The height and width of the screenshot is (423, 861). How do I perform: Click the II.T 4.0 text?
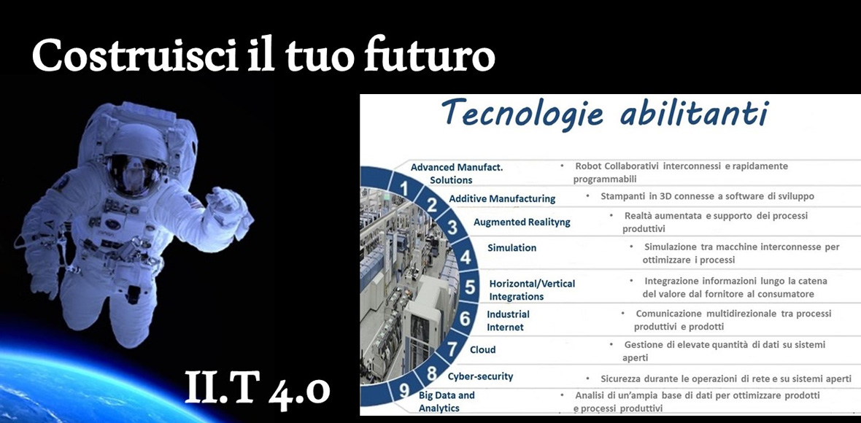(258, 387)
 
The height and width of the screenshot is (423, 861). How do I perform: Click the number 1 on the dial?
(405, 188)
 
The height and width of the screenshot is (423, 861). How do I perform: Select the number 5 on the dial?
(470, 287)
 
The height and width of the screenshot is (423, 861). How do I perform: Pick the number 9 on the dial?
(405, 391)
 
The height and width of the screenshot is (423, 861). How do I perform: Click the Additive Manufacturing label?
(502, 198)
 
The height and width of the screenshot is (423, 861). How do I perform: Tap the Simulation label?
(511, 248)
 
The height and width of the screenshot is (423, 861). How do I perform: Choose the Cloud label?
(482, 349)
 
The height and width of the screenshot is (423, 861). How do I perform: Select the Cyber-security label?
(480, 377)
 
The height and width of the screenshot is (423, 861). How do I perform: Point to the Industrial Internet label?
(508, 321)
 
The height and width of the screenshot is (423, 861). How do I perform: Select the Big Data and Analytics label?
(447, 402)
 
